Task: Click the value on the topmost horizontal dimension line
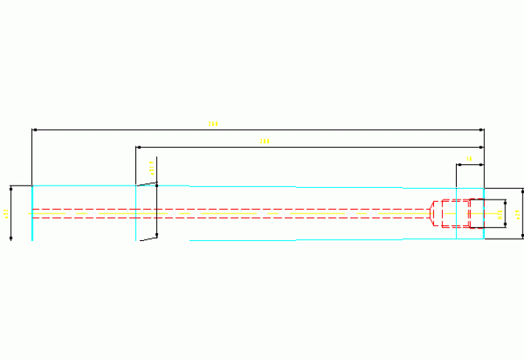pos(213,123)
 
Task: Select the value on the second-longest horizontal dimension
pos(264,141)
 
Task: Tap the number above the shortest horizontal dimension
pos(469,159)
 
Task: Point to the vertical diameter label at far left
pos(5,212)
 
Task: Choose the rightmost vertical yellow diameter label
pos(519,213)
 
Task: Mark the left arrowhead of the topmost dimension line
pos(34,129)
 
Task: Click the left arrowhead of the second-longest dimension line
pos(138,147)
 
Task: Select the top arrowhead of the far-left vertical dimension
pos(11,188)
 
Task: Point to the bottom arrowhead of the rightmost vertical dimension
pos(522,237)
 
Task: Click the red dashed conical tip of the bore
pos(435,213)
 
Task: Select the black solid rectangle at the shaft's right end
pos(476,213)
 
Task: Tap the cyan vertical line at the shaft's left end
pos(32,212)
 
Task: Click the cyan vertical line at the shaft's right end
pos(484,213)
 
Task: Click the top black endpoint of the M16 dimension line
pos(505,201)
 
